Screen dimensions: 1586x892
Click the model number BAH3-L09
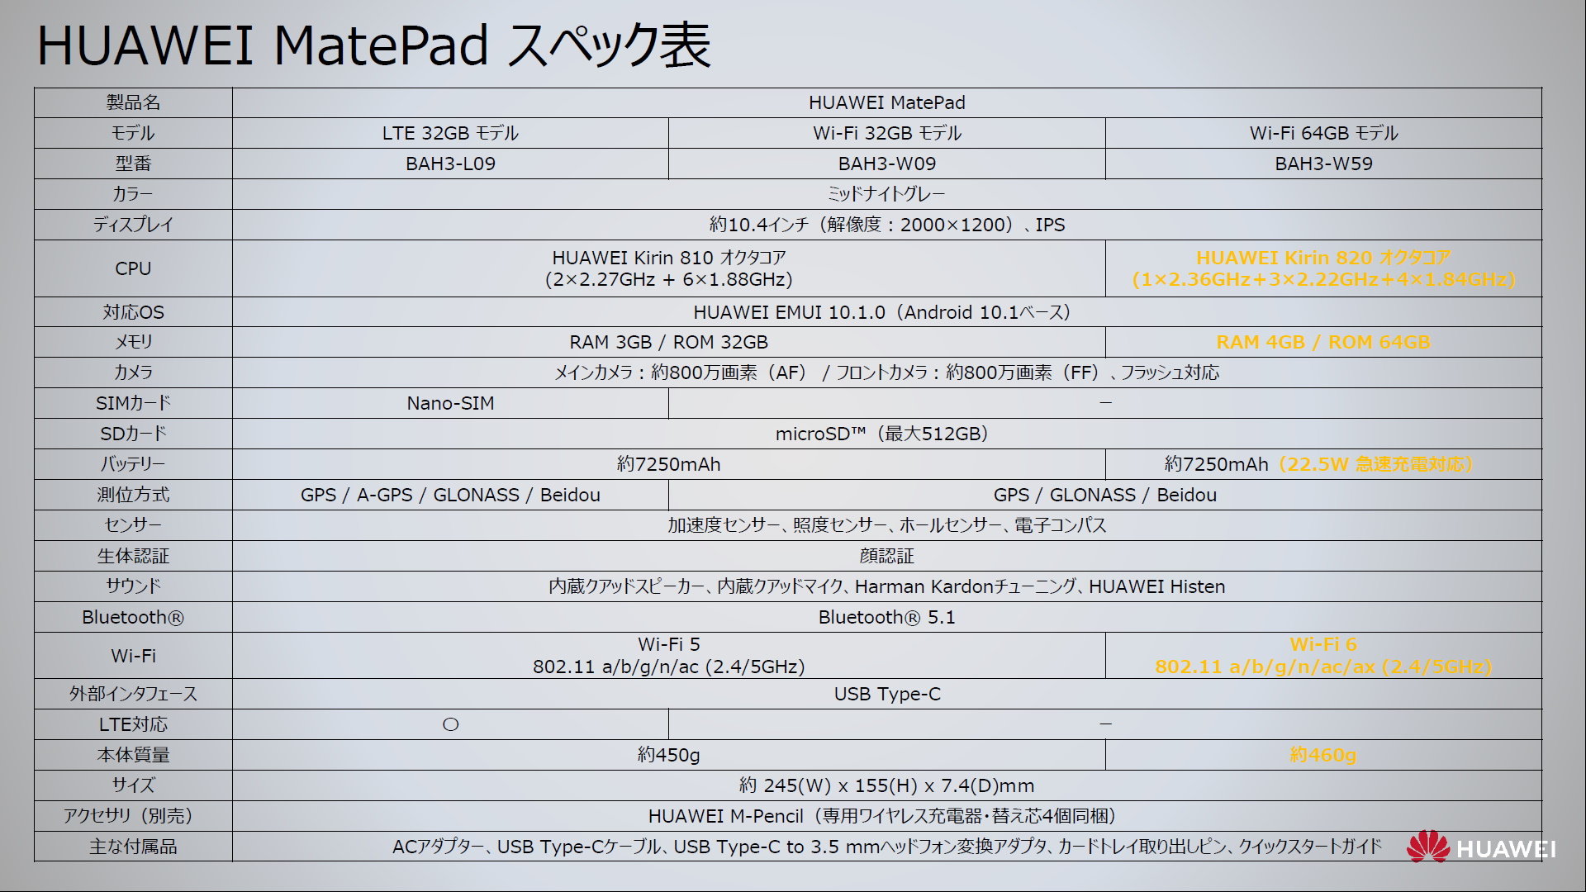pyautogui.click(x=450, y=164)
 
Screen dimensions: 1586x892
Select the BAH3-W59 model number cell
pyautogui.click(x=1323, y=164)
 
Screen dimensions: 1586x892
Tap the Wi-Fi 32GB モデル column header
pyautogui.click(x=887, y=133)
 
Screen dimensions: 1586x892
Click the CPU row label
pyautogui.click(x=133, y=268)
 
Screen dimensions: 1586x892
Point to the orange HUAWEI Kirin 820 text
pyautogui.click(x=1323, y=258)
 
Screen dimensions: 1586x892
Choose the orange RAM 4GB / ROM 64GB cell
pyautogui.click(x=1323, y=342)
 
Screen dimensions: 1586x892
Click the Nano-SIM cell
pyautogui.click(x=450, y=403)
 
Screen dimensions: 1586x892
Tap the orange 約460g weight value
pyautogui.click(x=1323, y=755)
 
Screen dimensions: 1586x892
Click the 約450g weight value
pyautogui.click(x=668, y=755)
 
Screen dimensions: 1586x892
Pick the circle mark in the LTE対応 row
pyautogui.click(x=450, y=724)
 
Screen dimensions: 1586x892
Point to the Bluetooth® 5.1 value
pyautogui.click(x=886, y=617)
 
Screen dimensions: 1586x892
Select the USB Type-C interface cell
pyautogui.click(x=887, y=694)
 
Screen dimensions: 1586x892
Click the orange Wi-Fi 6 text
pyautogui.click(x=1323, y=644)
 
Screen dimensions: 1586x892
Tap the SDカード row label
pyautogui.click(x=133, y=434)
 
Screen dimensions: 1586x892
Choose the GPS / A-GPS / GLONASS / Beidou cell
pyautogui.click(x=450, y=495)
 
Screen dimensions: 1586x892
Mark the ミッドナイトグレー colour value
pyautogui.click(x=886, y=194)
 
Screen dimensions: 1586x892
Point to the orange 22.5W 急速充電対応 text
pyautogui.click(x=1375, y=464)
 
